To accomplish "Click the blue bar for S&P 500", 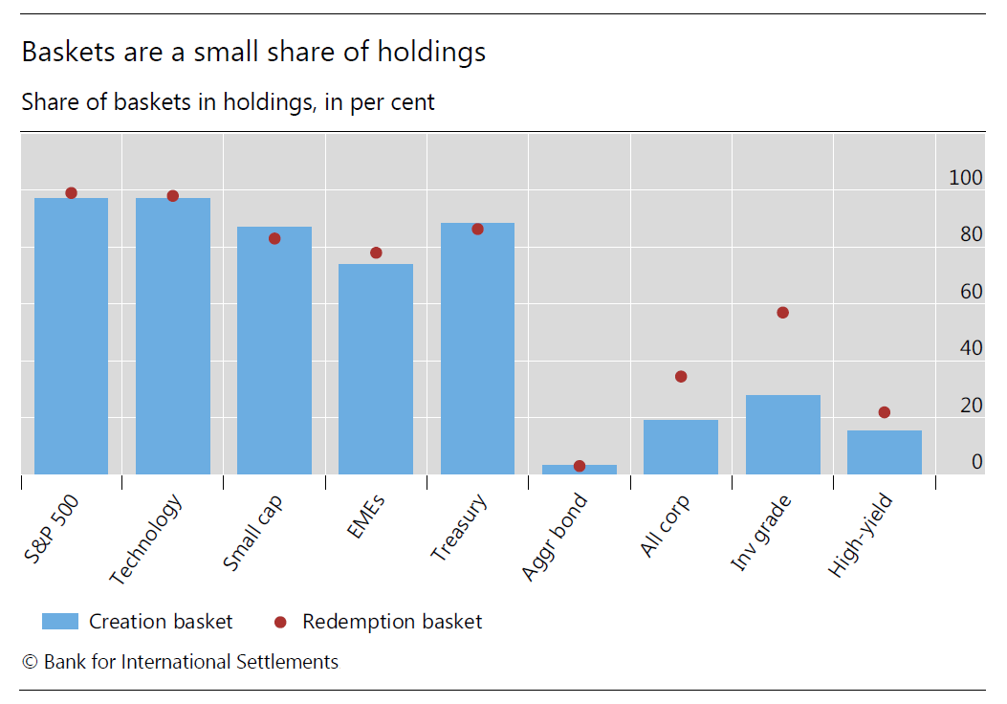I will [x=71, y=336].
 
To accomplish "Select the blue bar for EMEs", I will [x=376, y=369].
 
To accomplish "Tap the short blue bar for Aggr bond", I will [x=579, y=470].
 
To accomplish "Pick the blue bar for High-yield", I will [x=884, y=452].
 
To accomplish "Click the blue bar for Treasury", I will [x=477, y=349].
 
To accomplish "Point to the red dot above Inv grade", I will [x=782, y=313].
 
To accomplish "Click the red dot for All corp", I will [x=681, y=377].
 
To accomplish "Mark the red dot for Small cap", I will [x=274, y=238].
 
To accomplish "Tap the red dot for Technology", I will [x=173, y=196].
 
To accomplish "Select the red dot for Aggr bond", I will [x=579, y=466].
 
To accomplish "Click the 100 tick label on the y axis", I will [x=965, y=177].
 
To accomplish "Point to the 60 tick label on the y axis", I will [x=971, y=291].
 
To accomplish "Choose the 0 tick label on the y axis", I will [x=976, y=462].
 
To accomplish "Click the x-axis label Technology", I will [x=145, y=540].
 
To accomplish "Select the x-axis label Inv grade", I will [x=760, y=534].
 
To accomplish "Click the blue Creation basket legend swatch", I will [x=59, y=622].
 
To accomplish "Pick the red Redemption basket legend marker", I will [x=280, y=623].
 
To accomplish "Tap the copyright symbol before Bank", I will [x=30, y=662].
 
